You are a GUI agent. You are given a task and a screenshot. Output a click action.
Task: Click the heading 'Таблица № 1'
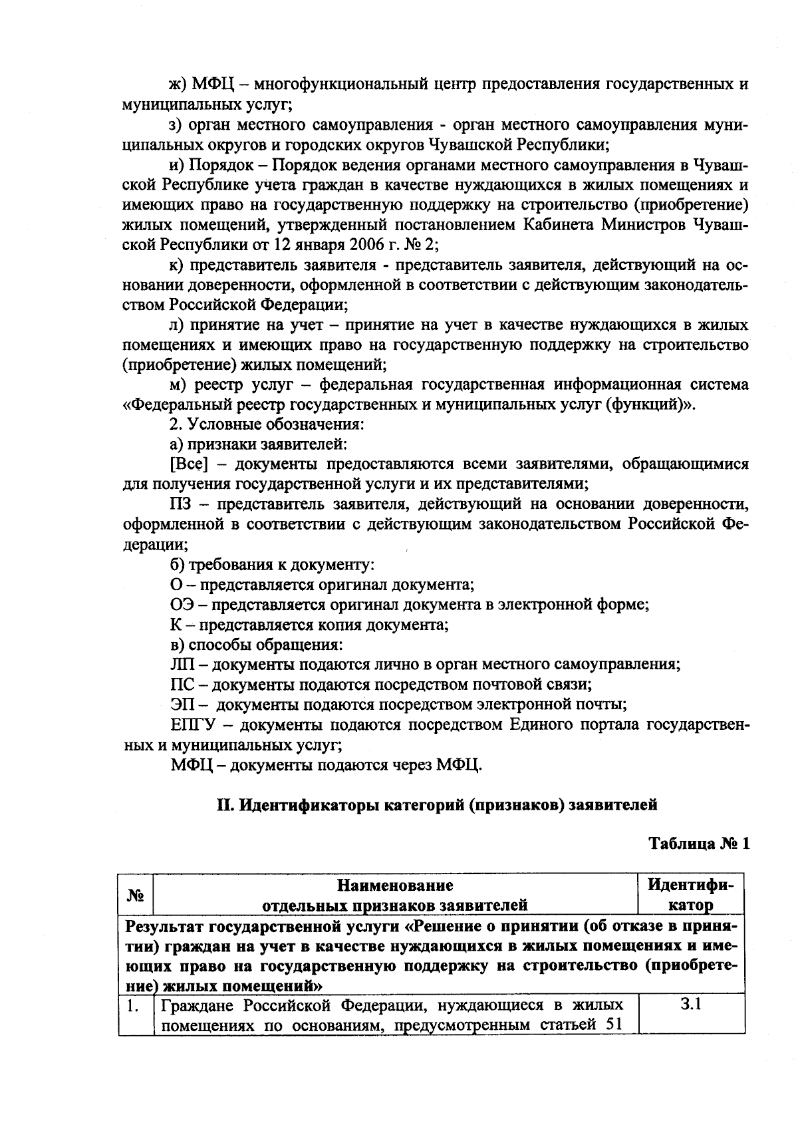click(699, 844)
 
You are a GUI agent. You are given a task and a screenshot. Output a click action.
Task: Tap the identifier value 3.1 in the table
click(691, 1005)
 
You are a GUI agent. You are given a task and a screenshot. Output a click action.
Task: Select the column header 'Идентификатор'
click(691, 895)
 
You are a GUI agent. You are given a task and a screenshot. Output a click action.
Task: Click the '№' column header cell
click(136, 895)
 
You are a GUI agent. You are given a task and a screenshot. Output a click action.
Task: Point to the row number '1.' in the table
click(133, 1006)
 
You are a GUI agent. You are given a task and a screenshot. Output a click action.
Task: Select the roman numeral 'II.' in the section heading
click(225, 805)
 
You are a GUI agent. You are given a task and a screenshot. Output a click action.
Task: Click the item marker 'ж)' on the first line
click(178, 84)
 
